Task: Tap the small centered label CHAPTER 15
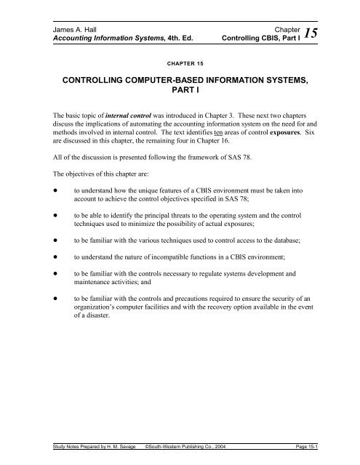click(180, 73)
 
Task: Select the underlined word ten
click(233, 166)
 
